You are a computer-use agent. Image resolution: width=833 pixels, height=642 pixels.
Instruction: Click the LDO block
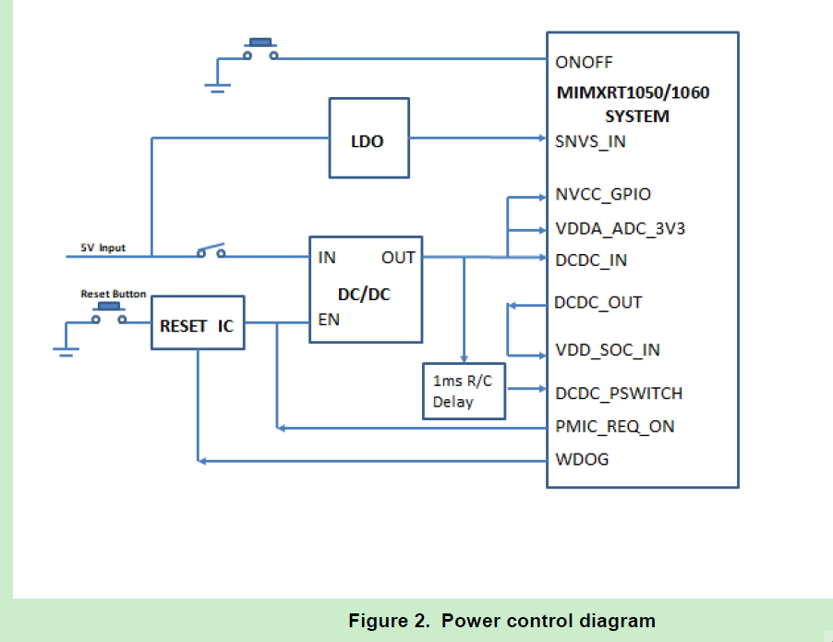[x=369, y=138]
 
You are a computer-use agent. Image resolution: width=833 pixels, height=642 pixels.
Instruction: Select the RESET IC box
[x=197, y=322]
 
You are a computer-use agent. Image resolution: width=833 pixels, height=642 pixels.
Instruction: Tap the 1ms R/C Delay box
[x=464, y=391]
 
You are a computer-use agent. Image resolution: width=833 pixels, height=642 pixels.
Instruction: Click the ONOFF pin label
[x=584, y=63]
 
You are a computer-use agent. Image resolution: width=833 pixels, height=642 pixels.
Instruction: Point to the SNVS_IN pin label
[x=591, y=142]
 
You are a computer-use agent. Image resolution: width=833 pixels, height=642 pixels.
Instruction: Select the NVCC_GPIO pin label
[x=603, y=195]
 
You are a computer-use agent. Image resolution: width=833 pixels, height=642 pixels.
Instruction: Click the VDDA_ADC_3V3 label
[x=620, y=229]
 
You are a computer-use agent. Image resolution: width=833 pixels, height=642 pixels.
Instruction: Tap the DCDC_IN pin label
[x=591, y=260]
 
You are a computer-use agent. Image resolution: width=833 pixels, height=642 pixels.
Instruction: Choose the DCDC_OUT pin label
[x=598, y=303]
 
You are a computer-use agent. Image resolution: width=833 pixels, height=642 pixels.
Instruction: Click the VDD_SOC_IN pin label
[x=607, y=350]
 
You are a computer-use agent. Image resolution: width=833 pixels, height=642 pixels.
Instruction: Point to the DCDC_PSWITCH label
[x=619, y=394]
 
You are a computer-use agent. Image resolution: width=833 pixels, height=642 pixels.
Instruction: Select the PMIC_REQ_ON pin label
[x=614, y=427]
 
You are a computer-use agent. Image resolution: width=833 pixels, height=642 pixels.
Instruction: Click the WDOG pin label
[x=582, y=459]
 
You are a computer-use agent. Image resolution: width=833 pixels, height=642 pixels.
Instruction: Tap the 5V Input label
[x=102, y=248]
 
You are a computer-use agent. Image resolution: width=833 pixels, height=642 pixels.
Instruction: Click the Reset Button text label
[x=113, y=294]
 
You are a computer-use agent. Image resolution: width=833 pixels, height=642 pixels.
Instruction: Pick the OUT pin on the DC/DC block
[x=398, y=258]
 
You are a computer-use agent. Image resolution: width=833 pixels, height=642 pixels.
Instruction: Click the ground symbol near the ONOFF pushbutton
[x=218, y=88]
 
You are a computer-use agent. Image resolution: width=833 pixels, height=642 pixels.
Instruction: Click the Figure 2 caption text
[x=501, y=621]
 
